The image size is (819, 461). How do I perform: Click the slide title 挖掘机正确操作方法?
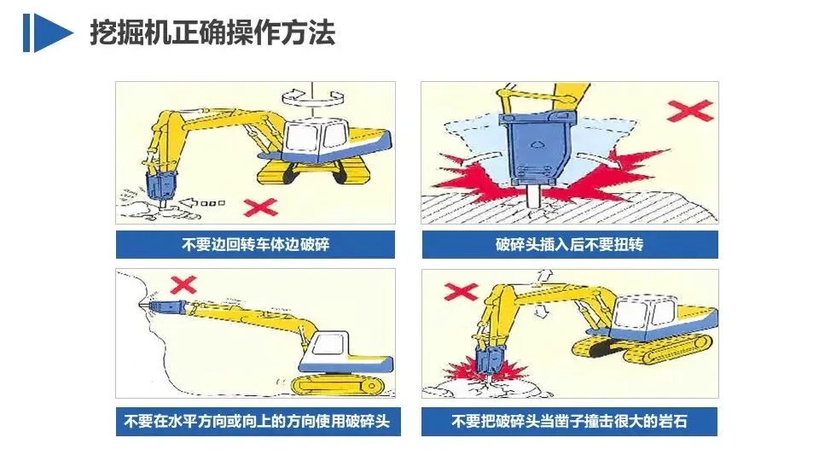coord(212,33)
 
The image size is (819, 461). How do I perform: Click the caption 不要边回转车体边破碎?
coord(255,245)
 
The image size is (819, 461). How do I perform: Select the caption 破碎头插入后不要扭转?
coord(569,245)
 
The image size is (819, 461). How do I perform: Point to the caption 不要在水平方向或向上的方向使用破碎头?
coord(257,421)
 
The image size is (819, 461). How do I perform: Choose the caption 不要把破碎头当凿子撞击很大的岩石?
coord(569,421)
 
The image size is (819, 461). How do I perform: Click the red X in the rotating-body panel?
coord(261,207)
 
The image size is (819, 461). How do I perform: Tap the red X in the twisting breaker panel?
coord(690,111)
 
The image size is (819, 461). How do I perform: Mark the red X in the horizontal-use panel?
coord(183,285)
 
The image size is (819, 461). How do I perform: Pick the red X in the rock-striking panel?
coord(461,292)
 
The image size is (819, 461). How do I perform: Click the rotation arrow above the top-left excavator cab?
coord(312,96)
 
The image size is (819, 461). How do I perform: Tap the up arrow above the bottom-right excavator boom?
coord(545,277)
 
